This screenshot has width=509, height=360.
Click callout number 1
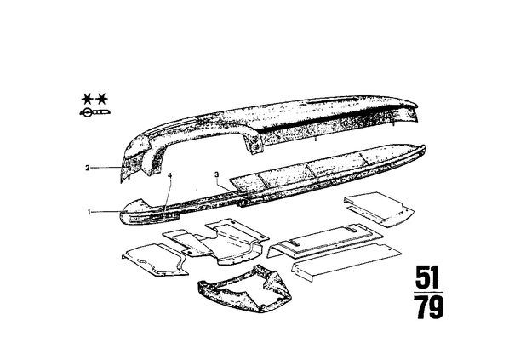pos(89,212)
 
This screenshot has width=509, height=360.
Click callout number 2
pos(88,168)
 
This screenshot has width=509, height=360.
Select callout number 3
pos(217,175)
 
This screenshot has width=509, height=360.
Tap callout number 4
pos(169,175)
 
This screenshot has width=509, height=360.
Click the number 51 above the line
pos(428,277)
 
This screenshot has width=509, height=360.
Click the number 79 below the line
pos(430,306)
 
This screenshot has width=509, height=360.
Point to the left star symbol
pos(87,99)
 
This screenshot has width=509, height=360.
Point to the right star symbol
pos(102,99)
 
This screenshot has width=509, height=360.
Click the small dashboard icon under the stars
pos(95,112)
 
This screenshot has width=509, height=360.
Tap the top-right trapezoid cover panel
pos(379,209)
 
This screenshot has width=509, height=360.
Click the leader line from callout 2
pos(106,168)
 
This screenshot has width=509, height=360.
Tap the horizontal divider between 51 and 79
pos(428,292)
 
